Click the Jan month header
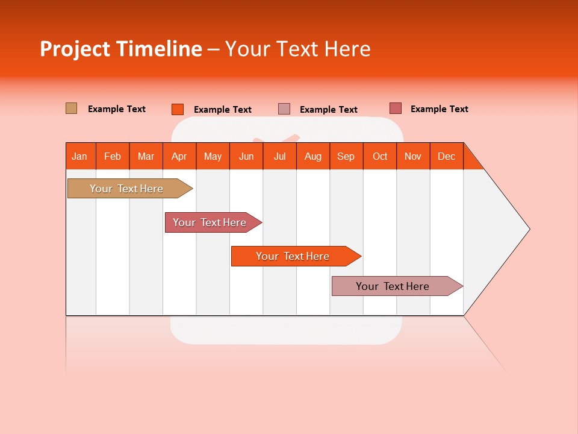[79, 156]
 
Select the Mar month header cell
[146, 156]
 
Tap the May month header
[213, 156]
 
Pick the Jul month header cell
[279, 156]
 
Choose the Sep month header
[346, 156]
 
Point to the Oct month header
[380, 156]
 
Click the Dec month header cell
[446, 156]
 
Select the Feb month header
[113, 156]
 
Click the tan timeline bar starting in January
[126, 189]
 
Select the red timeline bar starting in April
[210, 222]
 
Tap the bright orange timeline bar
[293, 256]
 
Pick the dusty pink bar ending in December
[393, 286]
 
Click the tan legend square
[72, 108]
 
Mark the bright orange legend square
[178, 109]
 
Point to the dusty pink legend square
[284, 109]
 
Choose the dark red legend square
[396, 108]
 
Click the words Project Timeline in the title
[121, 49]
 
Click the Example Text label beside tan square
[117, 109]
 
